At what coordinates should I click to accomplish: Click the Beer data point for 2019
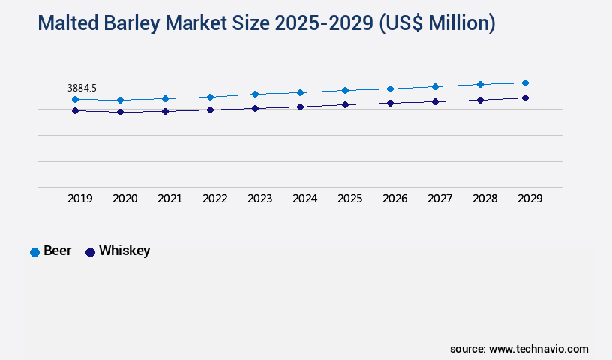coord(75,99)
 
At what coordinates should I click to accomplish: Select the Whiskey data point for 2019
coord(75,110)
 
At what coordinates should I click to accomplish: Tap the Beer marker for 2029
coord(525,82)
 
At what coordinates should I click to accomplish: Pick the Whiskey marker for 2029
coord(525,97)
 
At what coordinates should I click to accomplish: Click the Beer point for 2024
coord(300,92)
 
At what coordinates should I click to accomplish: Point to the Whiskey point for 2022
coord(210,109)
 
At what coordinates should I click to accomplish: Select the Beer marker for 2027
coord(435,86)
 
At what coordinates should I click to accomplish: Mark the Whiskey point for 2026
coord(390,103)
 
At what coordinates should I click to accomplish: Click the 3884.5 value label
coord(82,88)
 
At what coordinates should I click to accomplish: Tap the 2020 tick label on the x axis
coord(124,199)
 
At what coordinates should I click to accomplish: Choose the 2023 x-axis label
coord(259,199)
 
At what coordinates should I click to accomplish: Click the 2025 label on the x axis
coord(349,199)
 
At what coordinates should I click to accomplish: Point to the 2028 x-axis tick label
coord(484,199)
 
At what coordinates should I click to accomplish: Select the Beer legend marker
coord(34,252)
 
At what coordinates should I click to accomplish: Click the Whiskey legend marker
coord(90,252)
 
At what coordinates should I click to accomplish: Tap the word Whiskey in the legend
coord(124,250)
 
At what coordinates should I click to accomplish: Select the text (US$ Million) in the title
coord(436,24)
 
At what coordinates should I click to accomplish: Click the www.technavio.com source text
coord(538,349)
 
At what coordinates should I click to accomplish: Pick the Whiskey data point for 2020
coord(120,112)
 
